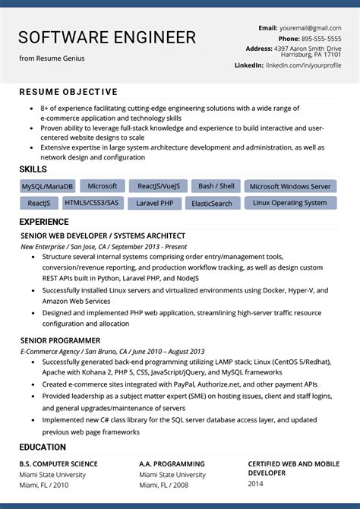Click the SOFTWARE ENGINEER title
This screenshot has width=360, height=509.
[107, 37]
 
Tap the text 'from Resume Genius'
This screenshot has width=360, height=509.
[52, 58]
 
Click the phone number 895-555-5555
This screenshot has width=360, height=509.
[321, 39]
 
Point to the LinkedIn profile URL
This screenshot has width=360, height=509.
[303, 65]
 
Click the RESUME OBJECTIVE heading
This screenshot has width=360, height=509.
[68, 92]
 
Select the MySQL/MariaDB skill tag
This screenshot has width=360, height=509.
[47, 186]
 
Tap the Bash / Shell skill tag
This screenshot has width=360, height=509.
[216, 186]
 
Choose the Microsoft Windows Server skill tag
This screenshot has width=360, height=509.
[290, 186]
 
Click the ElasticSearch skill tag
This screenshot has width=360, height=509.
[212, 204]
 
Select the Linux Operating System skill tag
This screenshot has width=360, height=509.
[289, 203]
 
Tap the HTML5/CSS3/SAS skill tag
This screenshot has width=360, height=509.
[91, 203]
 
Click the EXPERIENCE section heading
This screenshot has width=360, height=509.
[44, 222]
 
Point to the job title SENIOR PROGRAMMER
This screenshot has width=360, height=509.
[60, 340]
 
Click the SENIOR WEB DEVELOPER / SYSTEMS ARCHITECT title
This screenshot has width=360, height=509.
[103, 236]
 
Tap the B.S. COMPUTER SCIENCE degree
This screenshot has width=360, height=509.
[58, 463]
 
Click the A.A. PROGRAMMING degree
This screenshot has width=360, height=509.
[172, 463]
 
